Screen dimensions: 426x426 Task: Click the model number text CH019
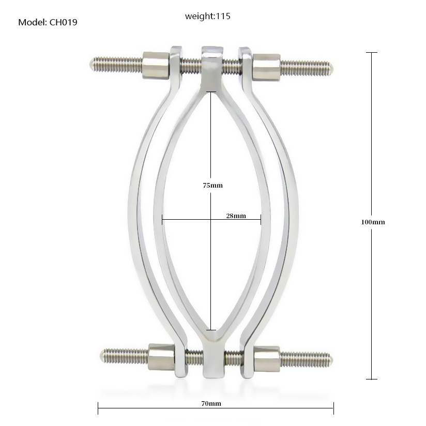pos(64,22)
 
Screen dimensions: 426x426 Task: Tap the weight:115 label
pos(208,16)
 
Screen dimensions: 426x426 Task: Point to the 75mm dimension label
pos(212,185)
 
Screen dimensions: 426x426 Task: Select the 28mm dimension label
pos(236,216)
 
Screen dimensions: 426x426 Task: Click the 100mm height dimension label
pos(373,222)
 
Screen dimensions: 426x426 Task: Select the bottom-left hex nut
pos(161,356)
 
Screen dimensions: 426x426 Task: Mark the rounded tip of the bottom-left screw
pos(102,355)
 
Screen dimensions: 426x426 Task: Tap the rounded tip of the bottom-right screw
pos(330,359)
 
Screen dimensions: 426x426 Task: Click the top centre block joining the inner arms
pos(211,65)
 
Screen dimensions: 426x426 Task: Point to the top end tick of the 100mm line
pos(371,53)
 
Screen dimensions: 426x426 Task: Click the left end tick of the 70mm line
pos(98,408)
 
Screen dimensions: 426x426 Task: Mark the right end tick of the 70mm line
pos(333,408)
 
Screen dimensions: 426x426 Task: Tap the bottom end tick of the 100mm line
pos(371,379)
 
